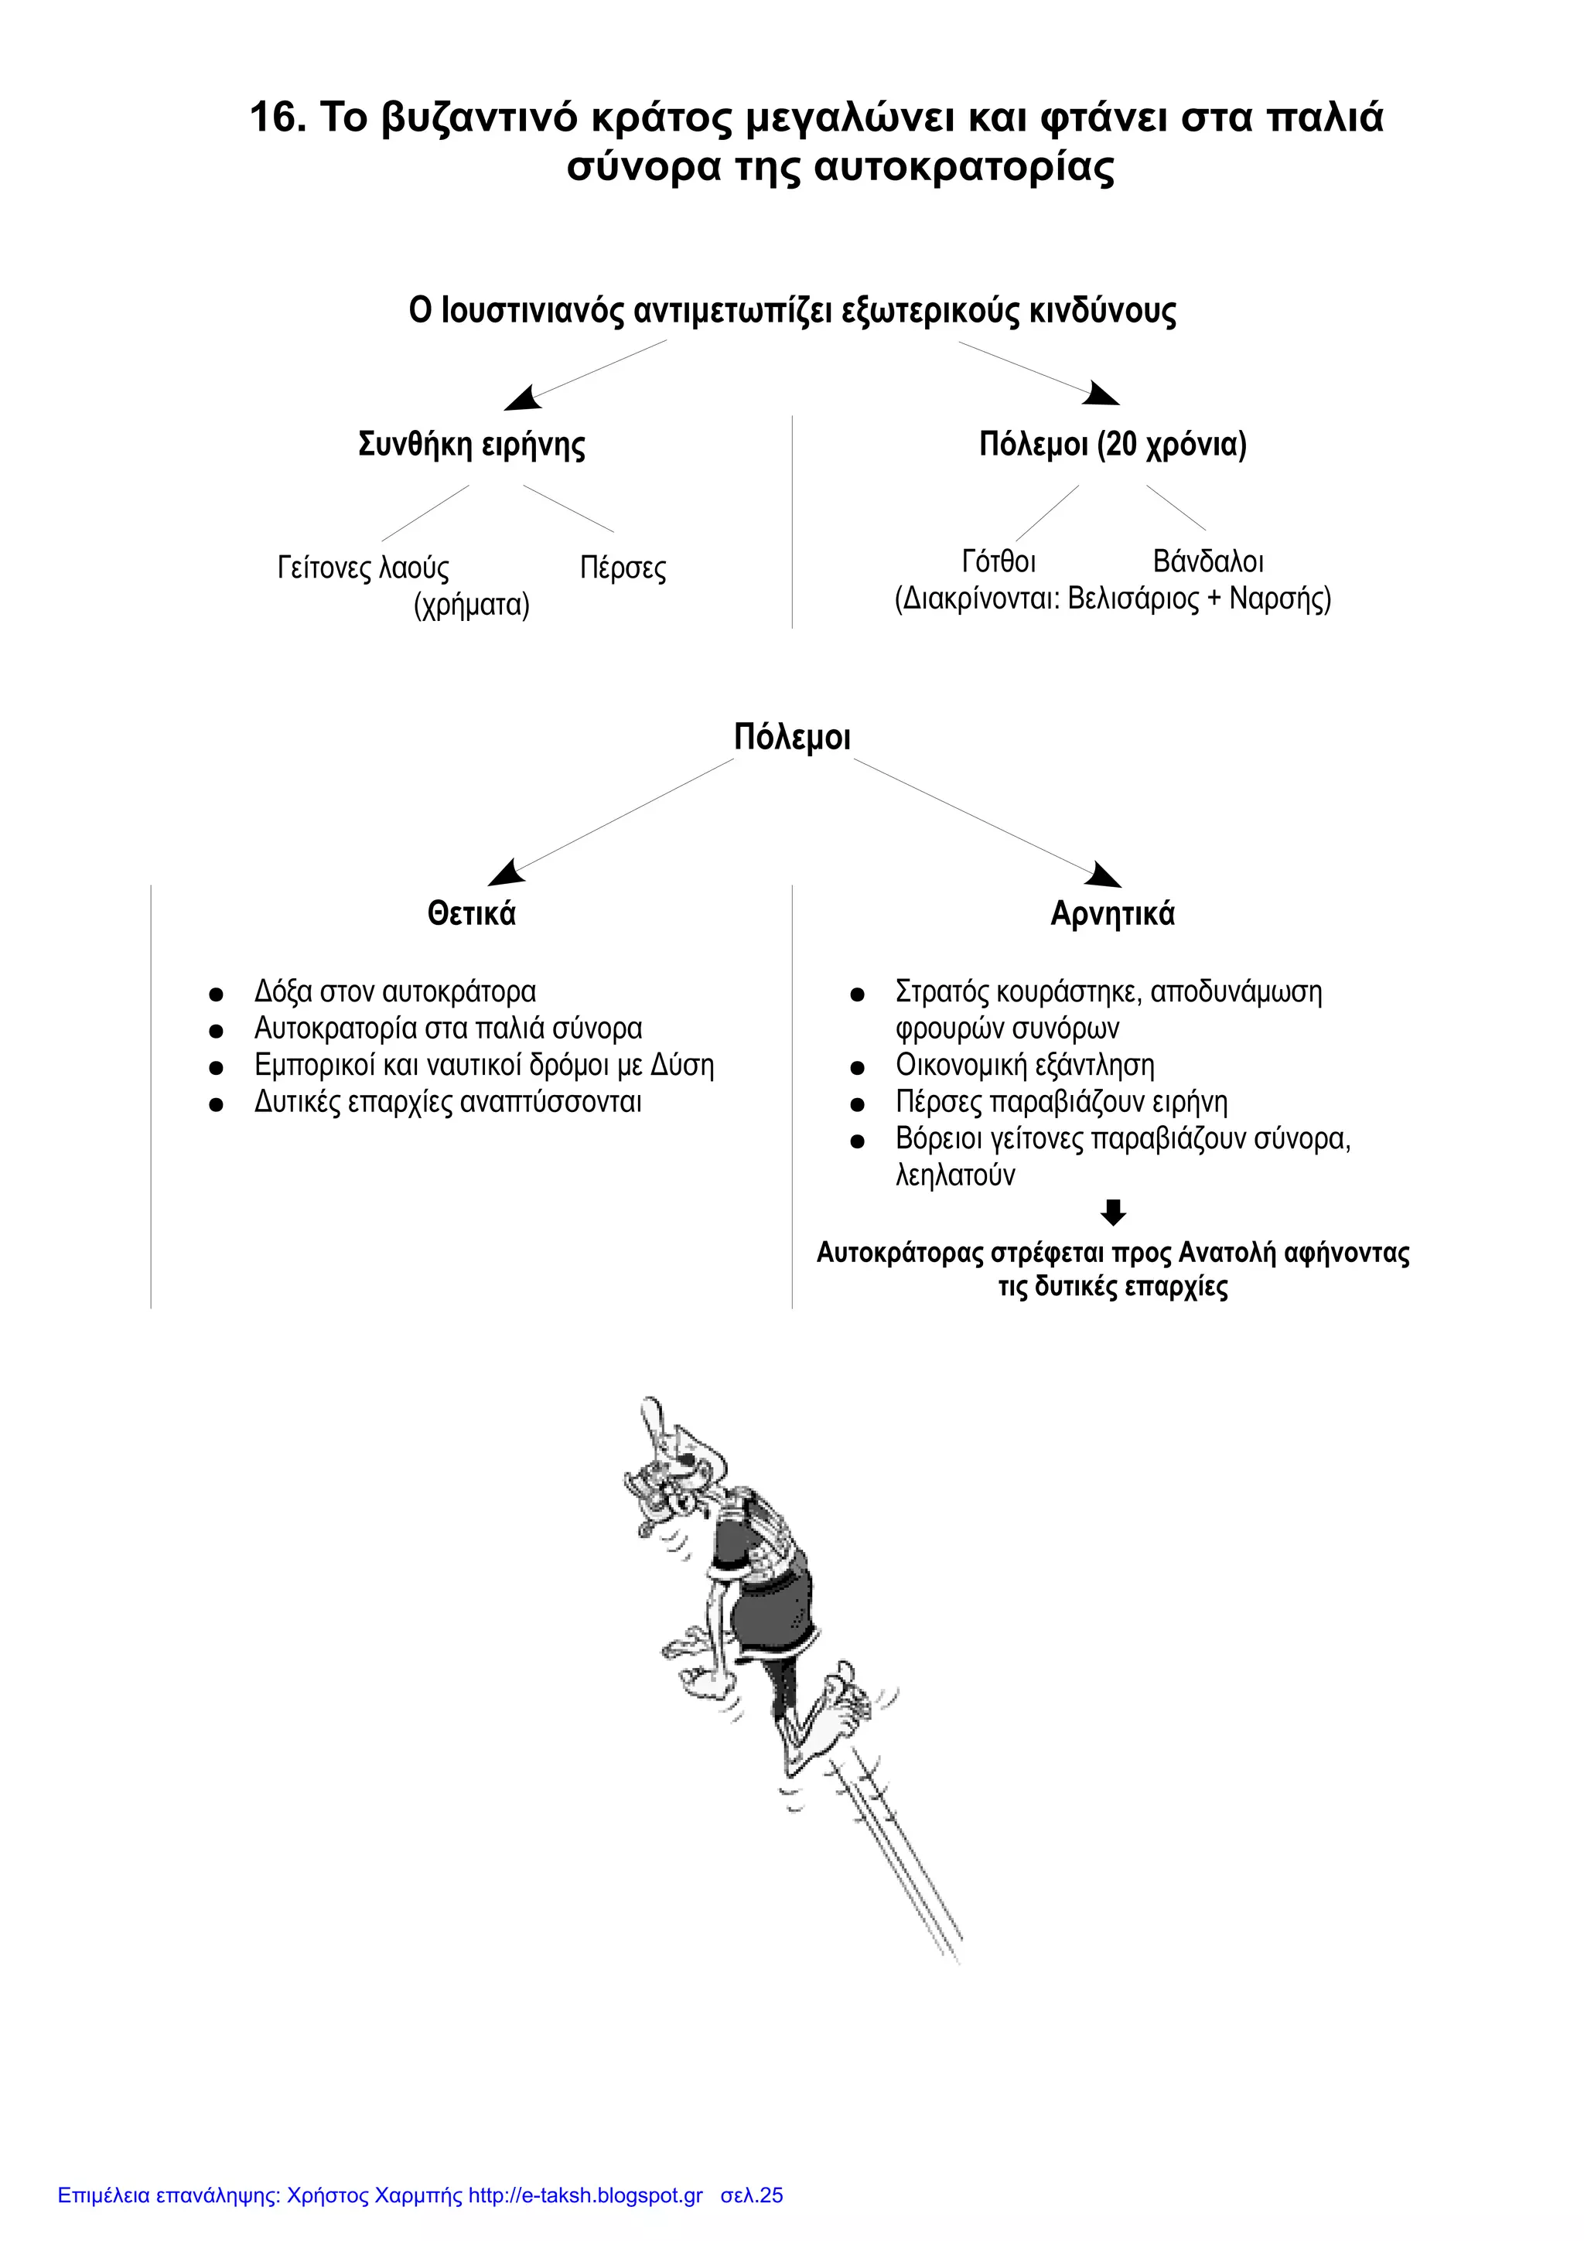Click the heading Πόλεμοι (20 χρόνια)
coord(1113,445)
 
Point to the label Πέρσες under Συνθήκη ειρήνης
coord(623,568)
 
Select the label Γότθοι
coord(999,562)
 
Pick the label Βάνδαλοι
coord(1208,562)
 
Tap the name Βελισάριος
coord(1133,599)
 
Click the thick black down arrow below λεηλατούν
coord(1113,1213)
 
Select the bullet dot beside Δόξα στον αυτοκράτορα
coord(217,994)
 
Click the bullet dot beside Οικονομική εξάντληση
coord(858,1068)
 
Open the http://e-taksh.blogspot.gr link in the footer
coord(585,2195)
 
